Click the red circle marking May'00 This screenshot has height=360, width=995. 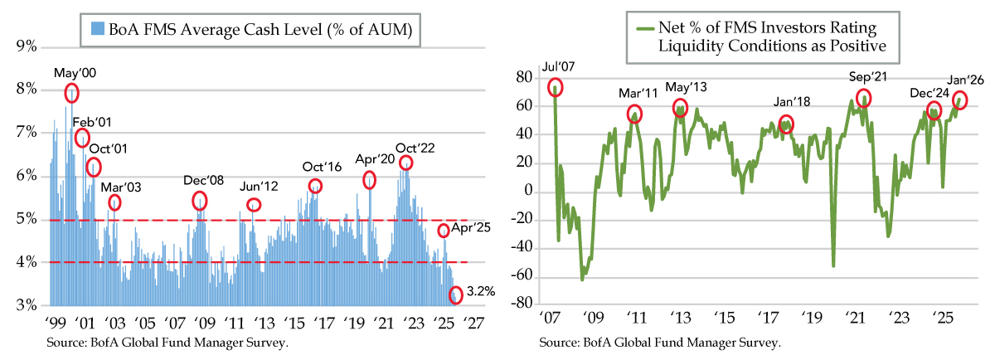pos(71,92)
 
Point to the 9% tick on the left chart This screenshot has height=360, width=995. pos(26,46)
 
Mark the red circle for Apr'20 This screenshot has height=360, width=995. pos(369,179)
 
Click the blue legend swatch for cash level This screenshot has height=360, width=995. pos(90,32)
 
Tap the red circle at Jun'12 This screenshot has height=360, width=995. pos(254,205)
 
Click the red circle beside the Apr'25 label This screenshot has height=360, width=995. pos(444,231)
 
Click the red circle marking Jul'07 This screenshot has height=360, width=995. pos(555,87)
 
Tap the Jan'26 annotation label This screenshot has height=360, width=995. pos(964,80)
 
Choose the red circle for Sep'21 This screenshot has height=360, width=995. pos(864,97)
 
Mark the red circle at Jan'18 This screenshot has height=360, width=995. pos(786,124)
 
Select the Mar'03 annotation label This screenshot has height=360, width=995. pos(120,186)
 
